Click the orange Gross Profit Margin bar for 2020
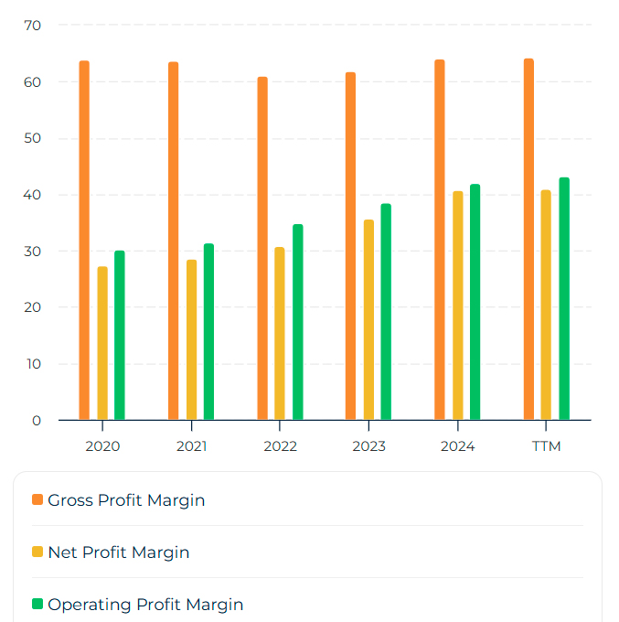(84, 240)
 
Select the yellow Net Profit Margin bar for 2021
(191, 339)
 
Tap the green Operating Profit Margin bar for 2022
(297, 322)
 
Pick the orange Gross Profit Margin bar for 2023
(350, 245)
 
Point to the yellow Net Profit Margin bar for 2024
(457, 306)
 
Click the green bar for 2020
(120, 335)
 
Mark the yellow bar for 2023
(368, 319)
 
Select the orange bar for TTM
(528, 239)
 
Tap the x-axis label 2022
(280, 446)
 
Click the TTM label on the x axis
(546, 446)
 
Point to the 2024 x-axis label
(457, 446)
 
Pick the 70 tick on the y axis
(33, 26)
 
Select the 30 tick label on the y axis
(33, 252)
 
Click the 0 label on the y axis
(37, 421)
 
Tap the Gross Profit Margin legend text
(126, 500)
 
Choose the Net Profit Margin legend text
(119, 552)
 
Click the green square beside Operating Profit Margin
(37, 604)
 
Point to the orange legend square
(37, 499)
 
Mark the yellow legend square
(37, 552)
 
